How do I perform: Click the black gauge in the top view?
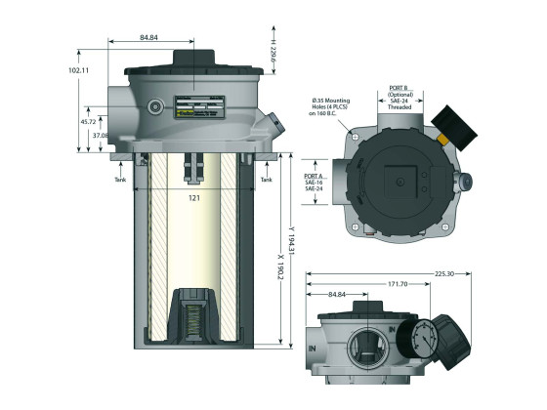pos(456,126)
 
